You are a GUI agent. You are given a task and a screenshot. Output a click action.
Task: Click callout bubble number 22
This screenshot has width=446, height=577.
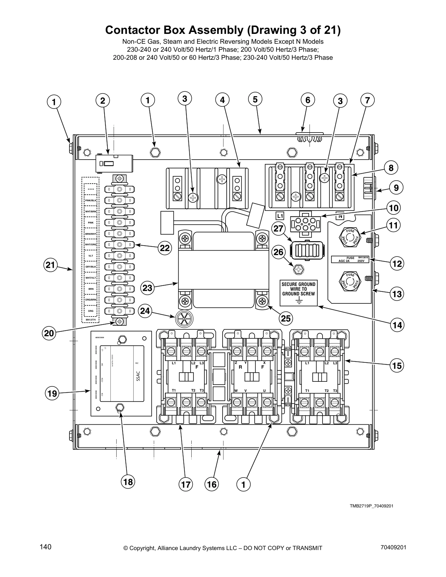coord(165,248)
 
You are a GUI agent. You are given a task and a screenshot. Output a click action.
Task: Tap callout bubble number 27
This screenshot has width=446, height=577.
coord(279,228)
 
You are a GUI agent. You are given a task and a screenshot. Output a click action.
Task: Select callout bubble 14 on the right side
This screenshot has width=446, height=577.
coord(397,324)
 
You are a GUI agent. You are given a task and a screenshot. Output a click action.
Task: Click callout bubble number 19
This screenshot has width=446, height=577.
coord(52,393)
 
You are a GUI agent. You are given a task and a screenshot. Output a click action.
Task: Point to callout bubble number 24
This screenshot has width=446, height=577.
coord(145,311)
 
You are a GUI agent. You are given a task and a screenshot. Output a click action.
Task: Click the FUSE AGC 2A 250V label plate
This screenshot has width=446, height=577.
coord(350,259)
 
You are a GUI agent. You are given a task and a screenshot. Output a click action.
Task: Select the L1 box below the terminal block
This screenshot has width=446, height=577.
coord(280,216)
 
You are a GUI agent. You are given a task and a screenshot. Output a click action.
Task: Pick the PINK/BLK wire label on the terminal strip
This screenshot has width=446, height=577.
coord(91,200)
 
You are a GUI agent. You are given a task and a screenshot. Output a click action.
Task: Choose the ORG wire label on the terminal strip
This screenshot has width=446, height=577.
coord(91,311)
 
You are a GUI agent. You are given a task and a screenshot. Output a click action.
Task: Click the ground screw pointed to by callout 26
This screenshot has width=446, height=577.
coord(298,270)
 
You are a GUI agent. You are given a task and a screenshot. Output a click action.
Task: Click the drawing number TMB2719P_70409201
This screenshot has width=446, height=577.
coord(371,506)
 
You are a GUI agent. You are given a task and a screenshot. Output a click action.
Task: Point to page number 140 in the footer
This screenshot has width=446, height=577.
coord(46,547)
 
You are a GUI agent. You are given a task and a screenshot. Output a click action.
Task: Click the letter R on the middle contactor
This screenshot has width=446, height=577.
coord(240,368)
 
